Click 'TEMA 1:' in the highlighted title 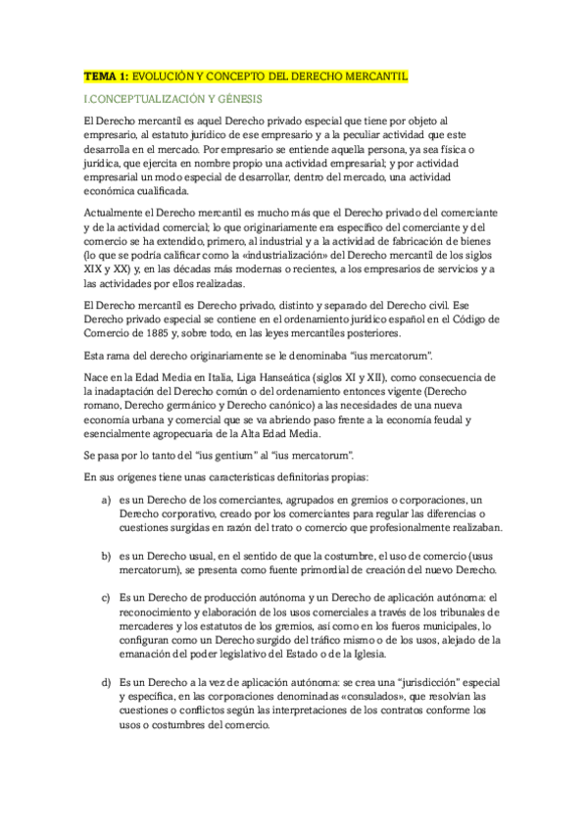(x=106, y=75)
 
